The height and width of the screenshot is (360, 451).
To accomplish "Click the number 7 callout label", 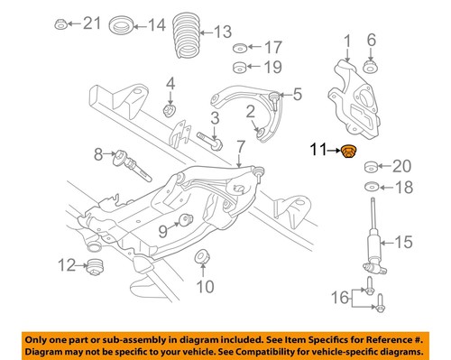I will point(240,145).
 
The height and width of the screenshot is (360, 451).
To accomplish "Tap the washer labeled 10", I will point(202,255).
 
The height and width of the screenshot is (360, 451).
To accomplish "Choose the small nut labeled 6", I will point(370,66).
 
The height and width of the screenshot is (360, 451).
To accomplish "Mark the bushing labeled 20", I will point(371,166).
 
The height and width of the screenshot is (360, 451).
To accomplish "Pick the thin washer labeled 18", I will point(371,187).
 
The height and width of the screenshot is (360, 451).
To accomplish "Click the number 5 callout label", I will point(296,94).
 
